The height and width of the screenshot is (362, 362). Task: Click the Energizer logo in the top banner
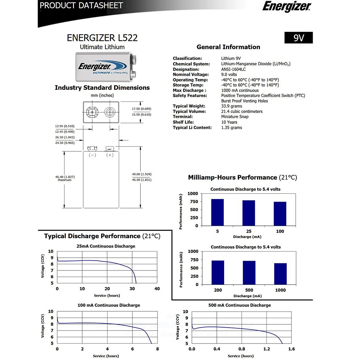pos(286,7)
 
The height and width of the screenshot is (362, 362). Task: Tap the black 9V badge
pos(298,38)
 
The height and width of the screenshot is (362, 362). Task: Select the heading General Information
pos(228,47)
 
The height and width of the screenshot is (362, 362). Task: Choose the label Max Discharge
pos(189,90)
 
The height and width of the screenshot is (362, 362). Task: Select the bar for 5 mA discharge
pos(217,212)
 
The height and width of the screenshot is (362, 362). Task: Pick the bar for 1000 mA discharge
pos(280,274)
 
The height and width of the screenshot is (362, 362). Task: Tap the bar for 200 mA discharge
pos(218,272)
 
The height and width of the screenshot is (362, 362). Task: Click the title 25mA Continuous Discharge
pos(106,246)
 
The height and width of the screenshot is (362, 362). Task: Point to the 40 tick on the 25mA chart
pos(157,289)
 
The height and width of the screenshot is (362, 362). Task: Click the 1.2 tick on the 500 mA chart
pos(266,349)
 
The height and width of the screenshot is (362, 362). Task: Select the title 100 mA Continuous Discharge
pos(109,305)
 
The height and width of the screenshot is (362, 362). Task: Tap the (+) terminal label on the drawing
pos(110,155)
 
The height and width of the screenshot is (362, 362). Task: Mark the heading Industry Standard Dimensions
pos(102,88)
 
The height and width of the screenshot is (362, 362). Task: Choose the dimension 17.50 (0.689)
pos(141,109)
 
